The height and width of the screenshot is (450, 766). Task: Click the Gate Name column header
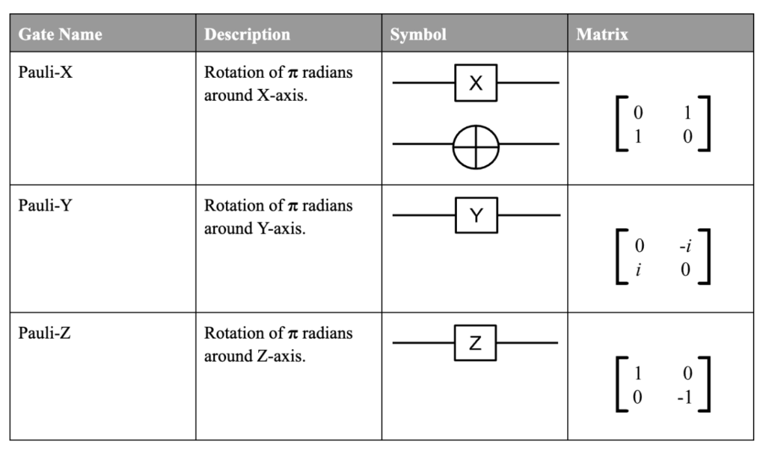pos(60,34)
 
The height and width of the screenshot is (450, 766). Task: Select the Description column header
pos(247,34)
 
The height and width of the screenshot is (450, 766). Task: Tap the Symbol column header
pos(418,34)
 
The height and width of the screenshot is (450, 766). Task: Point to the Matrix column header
pos(602,34)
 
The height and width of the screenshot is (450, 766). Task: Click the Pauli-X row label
pos(46,73)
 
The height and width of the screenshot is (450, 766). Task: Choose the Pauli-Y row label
pos(46,206)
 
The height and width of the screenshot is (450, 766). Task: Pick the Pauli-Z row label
pos(44,333)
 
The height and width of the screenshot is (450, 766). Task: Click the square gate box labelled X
pos(476,83)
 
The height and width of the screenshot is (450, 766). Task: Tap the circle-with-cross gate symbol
pos(476,126)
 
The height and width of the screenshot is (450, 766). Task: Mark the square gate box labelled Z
pos(475,343)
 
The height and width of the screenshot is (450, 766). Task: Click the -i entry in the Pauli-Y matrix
pos(685,246)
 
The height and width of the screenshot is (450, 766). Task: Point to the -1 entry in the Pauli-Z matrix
pos(685,397)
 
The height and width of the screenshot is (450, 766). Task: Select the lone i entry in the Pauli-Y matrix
pos(639,269)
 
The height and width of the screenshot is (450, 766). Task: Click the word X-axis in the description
pos(282,95)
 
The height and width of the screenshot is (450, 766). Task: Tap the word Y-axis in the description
pos(281,229)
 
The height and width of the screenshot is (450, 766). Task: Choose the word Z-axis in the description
pos(281,357)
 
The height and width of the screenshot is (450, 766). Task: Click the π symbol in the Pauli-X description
pos(292,73)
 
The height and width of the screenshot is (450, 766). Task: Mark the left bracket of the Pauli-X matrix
pos(616,124)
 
